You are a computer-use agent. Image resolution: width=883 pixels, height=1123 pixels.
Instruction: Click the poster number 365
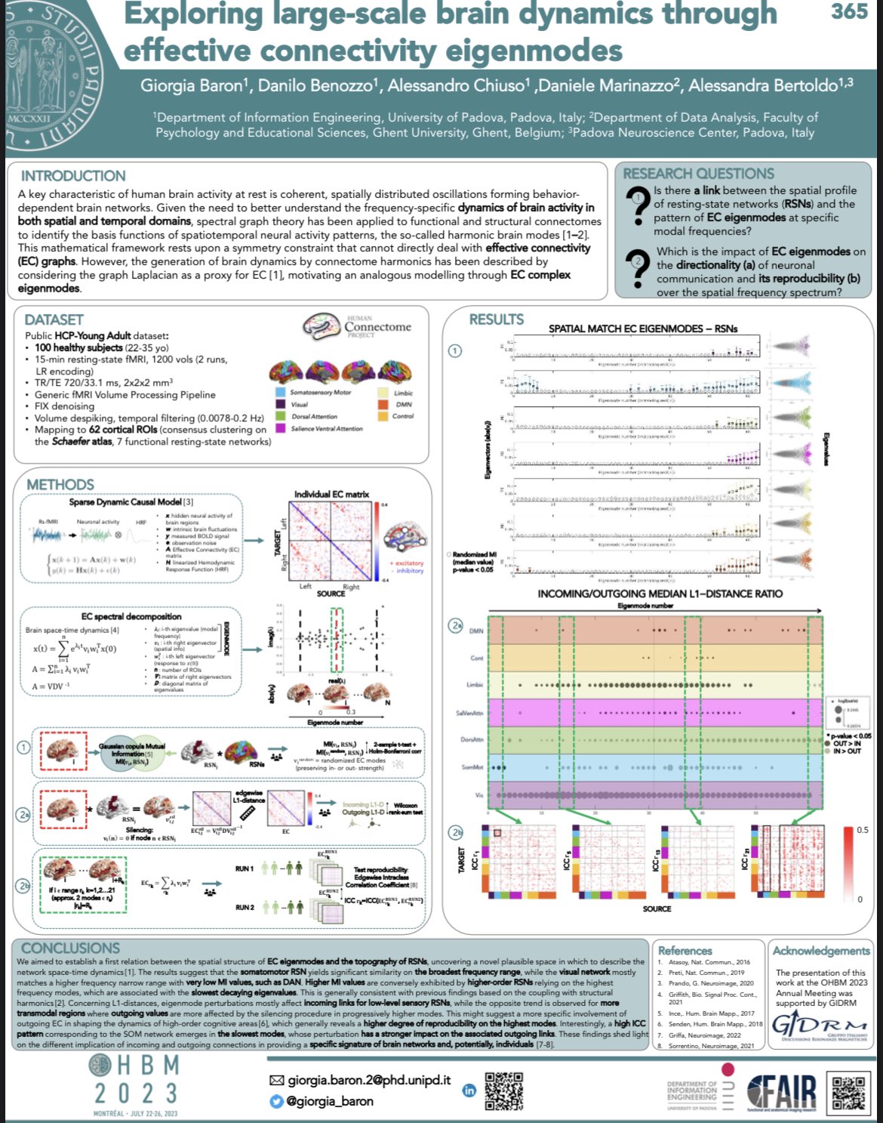(x=849, y=11)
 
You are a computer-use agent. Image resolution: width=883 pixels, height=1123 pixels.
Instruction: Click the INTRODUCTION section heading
(x=73, y=176)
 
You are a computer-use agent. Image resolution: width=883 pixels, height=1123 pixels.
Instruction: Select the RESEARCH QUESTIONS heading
(x=698, y=174)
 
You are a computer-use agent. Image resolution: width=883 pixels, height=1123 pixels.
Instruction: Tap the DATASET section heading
(x=54, y=319)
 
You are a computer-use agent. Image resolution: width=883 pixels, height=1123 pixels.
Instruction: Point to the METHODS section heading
(x=60, y=484)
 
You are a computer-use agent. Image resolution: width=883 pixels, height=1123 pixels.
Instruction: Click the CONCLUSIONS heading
(x=70, y=948)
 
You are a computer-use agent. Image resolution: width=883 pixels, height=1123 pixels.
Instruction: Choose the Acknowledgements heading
(x=821, y=951)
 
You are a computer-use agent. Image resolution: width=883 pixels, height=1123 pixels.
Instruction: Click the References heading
(x=685, y=951)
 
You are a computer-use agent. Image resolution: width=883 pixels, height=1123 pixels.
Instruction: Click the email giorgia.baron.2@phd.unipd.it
(x=368, y=1080)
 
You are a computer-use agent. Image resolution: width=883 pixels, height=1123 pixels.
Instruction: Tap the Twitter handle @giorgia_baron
(x=329, y=1101)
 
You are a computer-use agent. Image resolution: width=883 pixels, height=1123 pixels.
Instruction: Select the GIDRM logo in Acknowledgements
(x=820, y=1028)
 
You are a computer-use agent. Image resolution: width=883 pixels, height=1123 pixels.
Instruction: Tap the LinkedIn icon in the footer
(x=469, y=1090)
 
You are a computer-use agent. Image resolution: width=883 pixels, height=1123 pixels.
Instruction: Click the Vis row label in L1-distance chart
(x=478, y=795)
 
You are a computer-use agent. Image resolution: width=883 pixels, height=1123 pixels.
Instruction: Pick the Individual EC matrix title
(x=331, y=494)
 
